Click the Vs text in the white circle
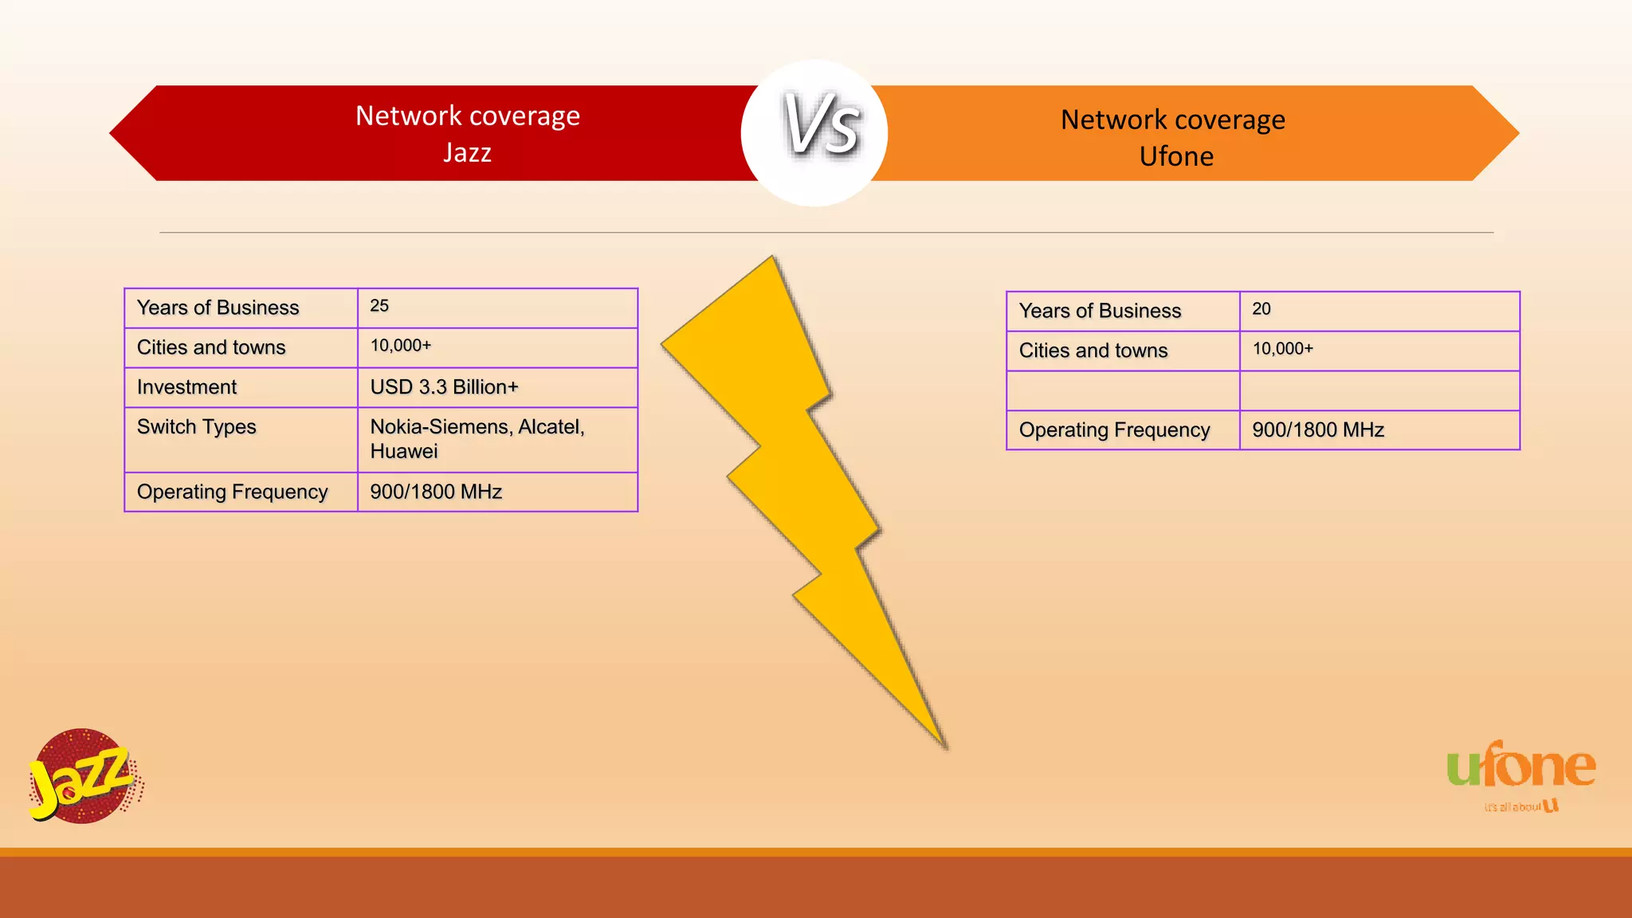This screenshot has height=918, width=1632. pos(821,124)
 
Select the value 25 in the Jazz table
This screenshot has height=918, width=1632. pos(379,306)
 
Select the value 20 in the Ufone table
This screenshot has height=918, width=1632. pos(1261,309)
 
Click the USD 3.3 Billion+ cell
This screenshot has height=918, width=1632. pos(444,387)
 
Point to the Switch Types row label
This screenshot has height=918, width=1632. pos(196,427)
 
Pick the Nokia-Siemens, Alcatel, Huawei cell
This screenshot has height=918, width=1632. pos(477,439)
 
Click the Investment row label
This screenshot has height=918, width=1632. pos(186,387)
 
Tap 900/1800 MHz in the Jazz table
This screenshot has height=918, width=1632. pos(436,492)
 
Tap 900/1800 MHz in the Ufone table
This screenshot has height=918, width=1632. pos(1318,430)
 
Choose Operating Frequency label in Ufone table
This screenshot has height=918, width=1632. pos(1114,430)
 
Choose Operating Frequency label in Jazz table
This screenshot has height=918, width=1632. pos(232,492)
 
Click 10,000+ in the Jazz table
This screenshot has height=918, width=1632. pos(400,346)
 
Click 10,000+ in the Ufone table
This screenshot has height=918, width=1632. pos(1282,349)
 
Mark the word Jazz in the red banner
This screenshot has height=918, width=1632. pos(467,152)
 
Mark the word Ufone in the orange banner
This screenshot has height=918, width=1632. pos(1176,156)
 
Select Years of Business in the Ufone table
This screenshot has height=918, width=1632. pos(1100,311)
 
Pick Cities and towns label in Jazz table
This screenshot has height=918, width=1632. pos(210,347)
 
